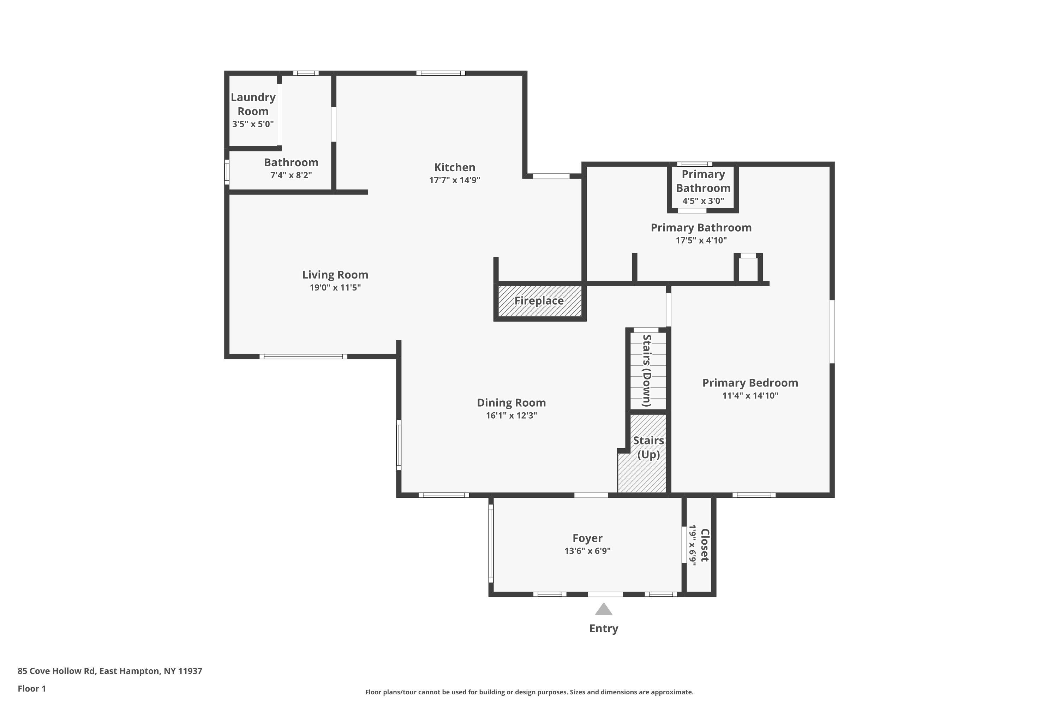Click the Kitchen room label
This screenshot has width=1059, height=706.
point(454,167)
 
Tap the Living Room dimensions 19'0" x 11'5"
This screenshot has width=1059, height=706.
point(335,288)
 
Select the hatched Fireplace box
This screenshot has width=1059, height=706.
point(539,301)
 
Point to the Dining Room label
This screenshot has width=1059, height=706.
point(511,402)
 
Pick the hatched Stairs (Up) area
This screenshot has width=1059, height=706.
point(642,453)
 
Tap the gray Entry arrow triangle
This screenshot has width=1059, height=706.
point(603,609)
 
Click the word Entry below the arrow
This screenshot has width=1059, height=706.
point(603,629)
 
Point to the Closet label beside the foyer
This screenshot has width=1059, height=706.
point(705,545)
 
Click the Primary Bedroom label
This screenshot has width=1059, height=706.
point(750,383)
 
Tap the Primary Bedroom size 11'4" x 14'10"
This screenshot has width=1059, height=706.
point(750,396)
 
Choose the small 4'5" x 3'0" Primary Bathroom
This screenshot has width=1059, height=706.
point(703,187)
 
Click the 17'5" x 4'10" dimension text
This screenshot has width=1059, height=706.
point(701,240)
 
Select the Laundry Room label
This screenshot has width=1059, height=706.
point(253,104)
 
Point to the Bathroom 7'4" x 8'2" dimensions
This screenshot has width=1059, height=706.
point(291,175)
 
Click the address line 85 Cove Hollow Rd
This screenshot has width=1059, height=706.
point(110,671)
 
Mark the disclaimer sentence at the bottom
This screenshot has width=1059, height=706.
point(529,692)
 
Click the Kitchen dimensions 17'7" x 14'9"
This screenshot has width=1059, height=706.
point(454,180)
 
